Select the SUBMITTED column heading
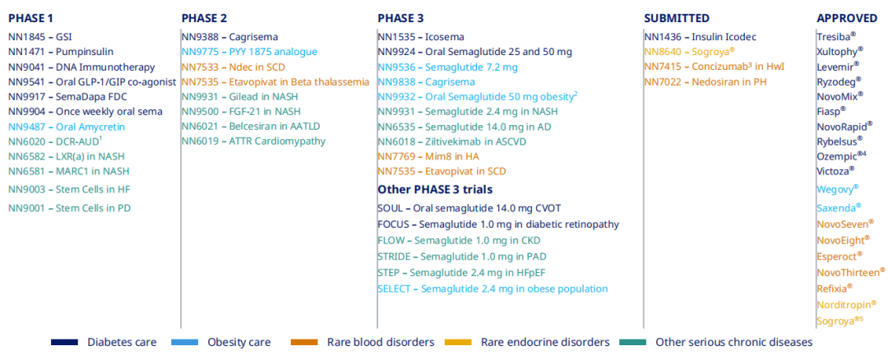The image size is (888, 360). click(x=676, y=18)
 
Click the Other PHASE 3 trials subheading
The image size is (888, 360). click(x=435, y=190)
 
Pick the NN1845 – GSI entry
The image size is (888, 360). click(x=40, y=37)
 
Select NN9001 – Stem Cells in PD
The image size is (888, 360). click(x=69, y=208)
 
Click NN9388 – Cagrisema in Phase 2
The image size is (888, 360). click(x=229, y=37)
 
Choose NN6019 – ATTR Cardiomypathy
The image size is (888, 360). click(x=253, y=141)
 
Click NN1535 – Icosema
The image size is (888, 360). click(x=420, y=37)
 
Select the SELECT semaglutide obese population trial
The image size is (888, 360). click(x=493, y=288)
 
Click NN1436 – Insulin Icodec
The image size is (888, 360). click(x=700, y=37)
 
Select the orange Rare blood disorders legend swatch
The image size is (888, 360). click(x=305, y=342)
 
